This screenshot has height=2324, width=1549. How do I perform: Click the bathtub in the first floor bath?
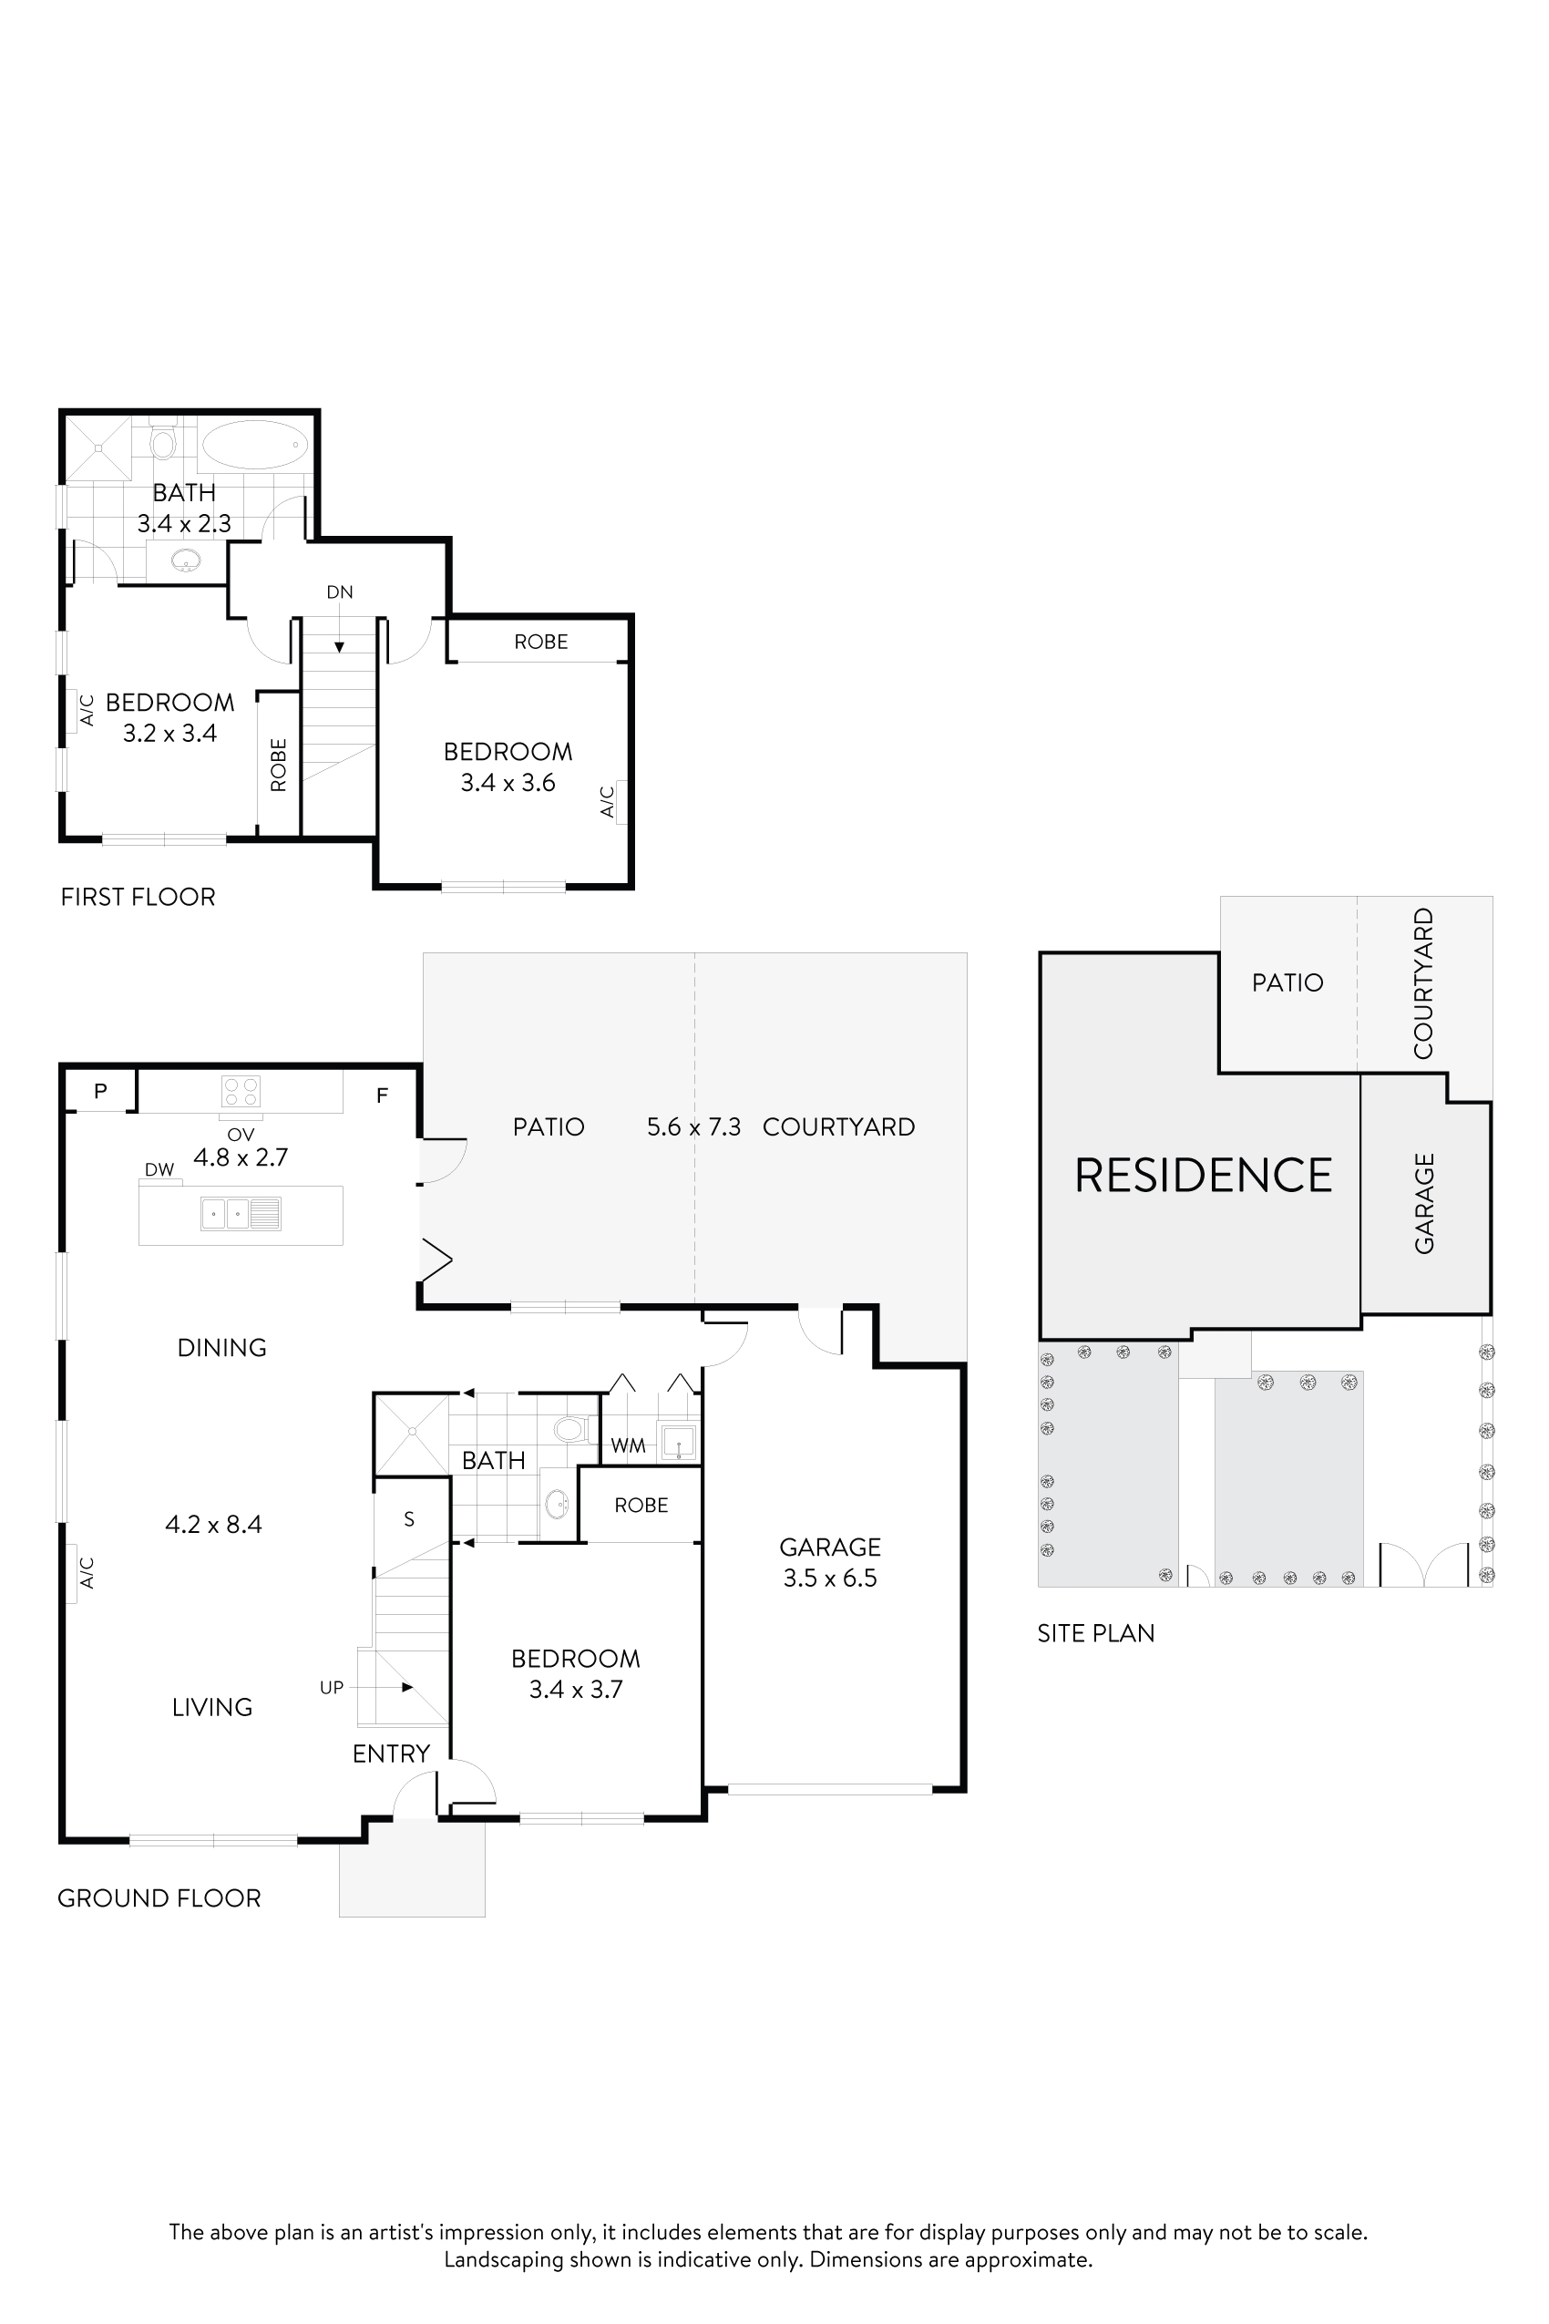click(x=255, y=445)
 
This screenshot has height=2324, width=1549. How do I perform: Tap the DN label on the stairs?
click(x=339, y=591)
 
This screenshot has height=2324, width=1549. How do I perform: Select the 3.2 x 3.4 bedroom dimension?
click(x=169, y=733)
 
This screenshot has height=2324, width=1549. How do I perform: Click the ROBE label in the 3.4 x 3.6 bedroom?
click(x=540, y=643)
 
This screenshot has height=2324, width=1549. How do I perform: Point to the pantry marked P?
click(x=100, y=1091)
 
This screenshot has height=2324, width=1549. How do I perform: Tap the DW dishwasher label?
click(x=159, y=1170)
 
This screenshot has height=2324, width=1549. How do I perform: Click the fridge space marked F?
click(x=383, y=1095)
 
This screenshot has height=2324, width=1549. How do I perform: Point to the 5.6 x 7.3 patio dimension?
click(x=693, y=1127)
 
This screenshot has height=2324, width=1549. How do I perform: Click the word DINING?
click(x=221, y=1348)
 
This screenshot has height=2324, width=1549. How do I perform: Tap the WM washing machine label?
click(x=627, y=1445)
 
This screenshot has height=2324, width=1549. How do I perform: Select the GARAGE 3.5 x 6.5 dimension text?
click(x=830, y=1578)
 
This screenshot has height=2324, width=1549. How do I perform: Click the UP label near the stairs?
click(x=331, y=1688)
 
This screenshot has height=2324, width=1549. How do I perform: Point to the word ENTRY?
click(x=391, y=1753)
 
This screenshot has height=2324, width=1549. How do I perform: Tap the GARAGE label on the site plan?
click(x=1423, y=1204)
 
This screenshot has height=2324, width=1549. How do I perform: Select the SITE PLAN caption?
click(x=1095, y=1633)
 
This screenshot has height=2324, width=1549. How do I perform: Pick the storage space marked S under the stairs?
click(x=409, y=1519)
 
